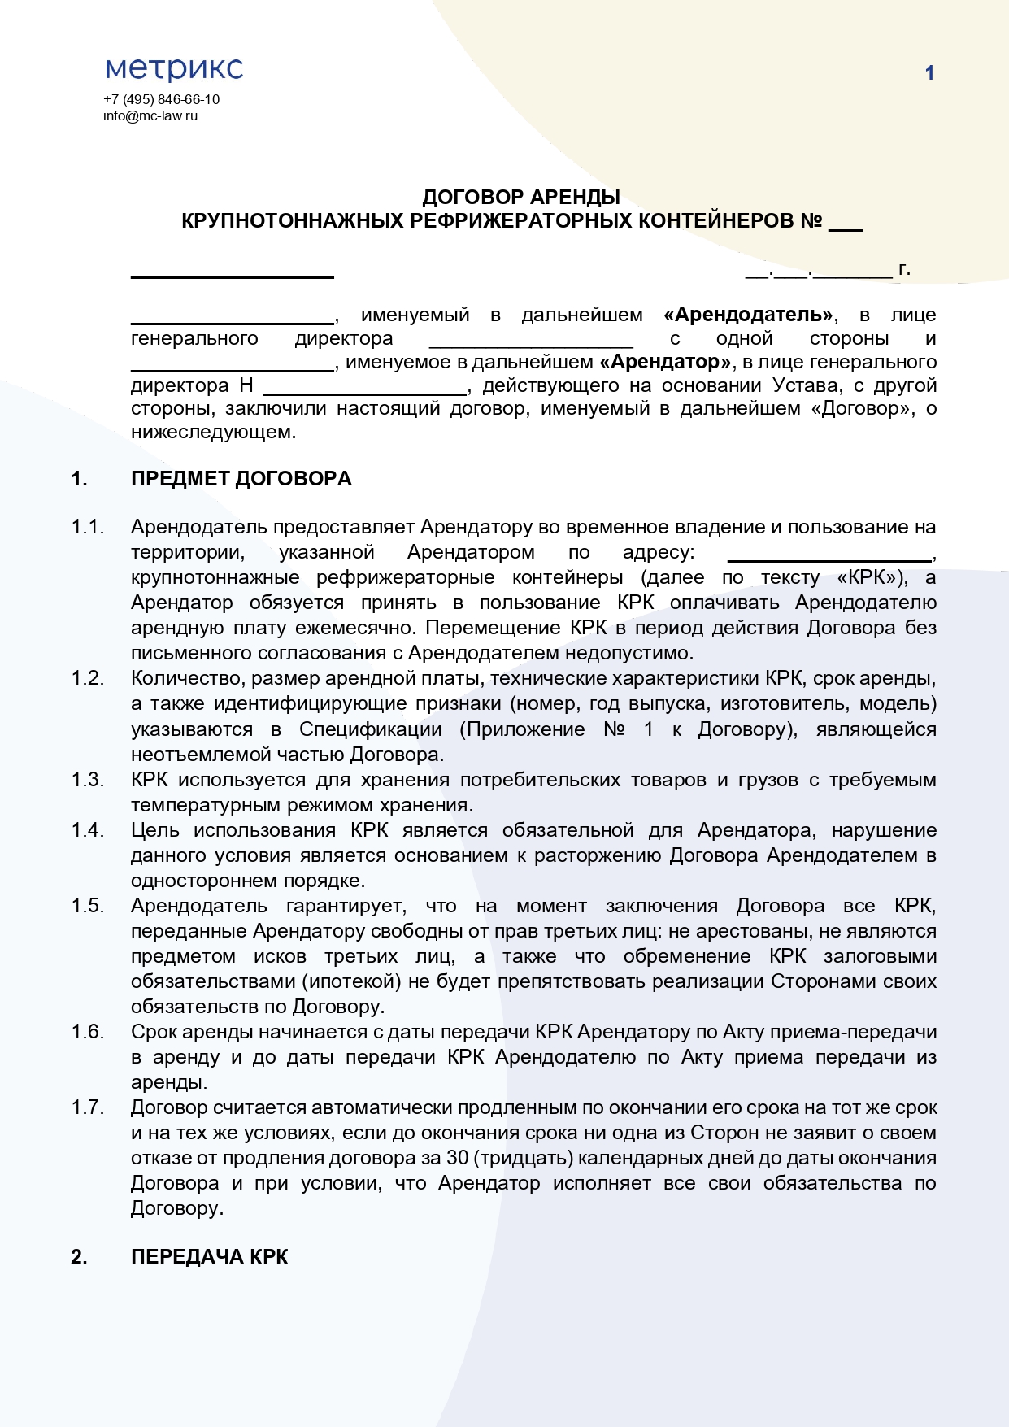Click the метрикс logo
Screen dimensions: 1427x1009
pyautogui.click(x=174, y=69)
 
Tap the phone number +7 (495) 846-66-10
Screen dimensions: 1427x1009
pyautogui.click(x=161, y=99)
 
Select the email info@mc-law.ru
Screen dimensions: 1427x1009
pyautogui.click(x=150, y=115)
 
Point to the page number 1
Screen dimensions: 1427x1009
pyautogui.click(x=929, y=73)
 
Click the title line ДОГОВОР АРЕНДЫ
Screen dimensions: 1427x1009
pyautogui.click(x=521, y=197)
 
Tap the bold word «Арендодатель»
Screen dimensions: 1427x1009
pyautogui.click(x=749, y=315)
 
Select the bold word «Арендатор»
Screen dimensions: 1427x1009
pyautogui.click(x=665, y=362)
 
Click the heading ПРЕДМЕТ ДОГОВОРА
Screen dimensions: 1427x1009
pyautogui.click(x=241, y=479)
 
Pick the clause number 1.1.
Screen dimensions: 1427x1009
pyautogui.click(x=88, y=527)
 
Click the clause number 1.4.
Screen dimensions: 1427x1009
pyautogui.click(x=88, y=830)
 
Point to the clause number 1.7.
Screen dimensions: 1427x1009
pyautogui.click(x=88, y=1107)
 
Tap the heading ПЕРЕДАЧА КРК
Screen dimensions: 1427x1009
pyautogui.click(x=209, y=1257)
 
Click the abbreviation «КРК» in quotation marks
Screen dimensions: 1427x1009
pyautogui.click(x=872, y=577)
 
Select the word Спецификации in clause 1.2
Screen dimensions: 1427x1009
pyautogui.click(x=370, y=729)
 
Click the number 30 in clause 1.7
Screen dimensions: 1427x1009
pyautogui.click(x=457, y=1158)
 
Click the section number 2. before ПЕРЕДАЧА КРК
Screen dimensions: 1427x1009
pyautogui.click(x=79, y=1257)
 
